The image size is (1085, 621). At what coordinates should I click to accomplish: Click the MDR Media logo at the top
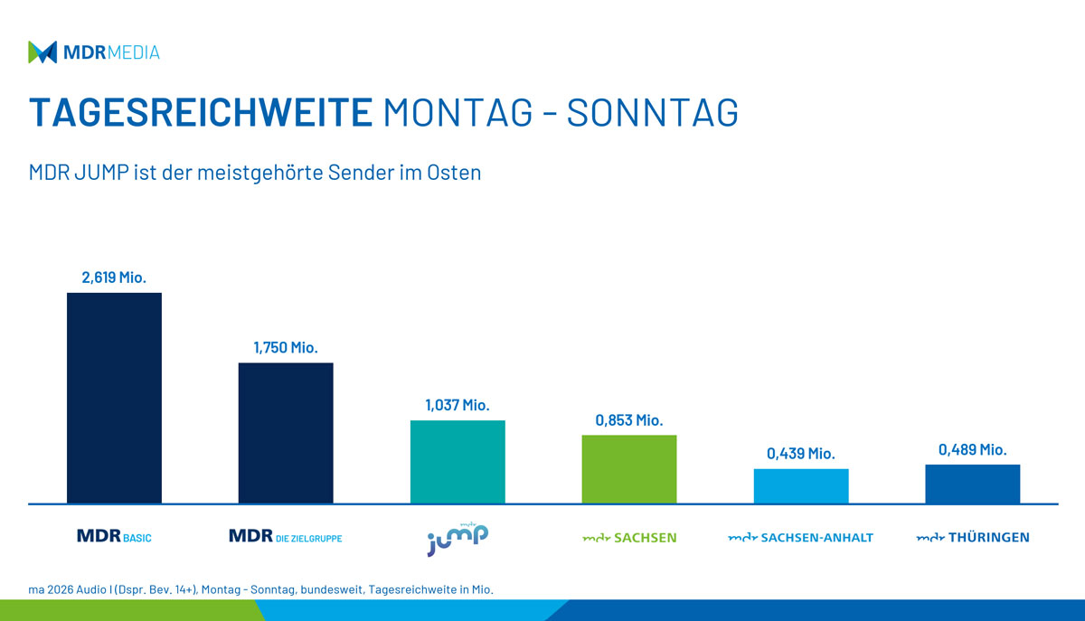pos(94,52)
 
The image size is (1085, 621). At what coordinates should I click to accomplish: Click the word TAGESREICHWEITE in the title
pos(201,113)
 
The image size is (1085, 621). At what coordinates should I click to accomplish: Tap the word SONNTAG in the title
pos(652,113)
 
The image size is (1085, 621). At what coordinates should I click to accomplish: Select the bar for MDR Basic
pos(114,398)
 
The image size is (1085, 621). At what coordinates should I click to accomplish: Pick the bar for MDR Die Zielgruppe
pos(286,433)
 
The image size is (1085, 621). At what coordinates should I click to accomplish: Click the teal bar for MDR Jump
pos(458,462)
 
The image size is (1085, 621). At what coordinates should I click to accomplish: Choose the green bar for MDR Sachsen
pos(629,469)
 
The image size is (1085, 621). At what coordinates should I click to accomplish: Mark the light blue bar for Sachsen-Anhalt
pos(801,485)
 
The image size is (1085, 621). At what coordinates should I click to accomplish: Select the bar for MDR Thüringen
pos(973,484)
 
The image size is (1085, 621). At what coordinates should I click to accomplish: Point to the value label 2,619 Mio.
pos(114,278)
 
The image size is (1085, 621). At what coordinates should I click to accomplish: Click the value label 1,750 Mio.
pos(286,348)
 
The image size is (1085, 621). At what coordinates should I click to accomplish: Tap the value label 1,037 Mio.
pos(458,405)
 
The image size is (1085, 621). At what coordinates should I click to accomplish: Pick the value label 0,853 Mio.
pos(629,420)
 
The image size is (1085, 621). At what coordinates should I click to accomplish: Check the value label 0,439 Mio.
pos(801,454)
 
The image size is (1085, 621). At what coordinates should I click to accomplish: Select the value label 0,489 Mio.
pos(973,449)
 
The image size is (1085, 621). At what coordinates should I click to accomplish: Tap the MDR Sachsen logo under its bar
pos(629,538)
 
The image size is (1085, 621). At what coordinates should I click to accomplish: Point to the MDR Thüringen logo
pos(973,538)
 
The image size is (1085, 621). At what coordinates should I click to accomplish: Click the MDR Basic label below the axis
pos(114,537)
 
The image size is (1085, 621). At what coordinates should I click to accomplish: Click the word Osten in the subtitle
pos(455,173)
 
